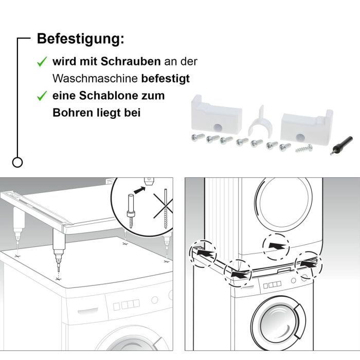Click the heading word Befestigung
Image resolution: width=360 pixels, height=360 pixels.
click(x=80, y=39)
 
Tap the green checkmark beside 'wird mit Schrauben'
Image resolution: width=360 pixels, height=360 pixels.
click(x=42, y=62)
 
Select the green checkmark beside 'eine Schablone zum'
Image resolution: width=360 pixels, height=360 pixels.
click(x=42, y=96)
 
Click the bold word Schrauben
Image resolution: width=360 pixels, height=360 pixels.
click(x=130, y=62)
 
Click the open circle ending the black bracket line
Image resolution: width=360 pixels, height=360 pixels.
click(x=17, y=163)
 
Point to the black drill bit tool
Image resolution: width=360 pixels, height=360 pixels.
click(x=341, y=145)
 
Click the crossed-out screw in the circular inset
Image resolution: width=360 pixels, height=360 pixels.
click(x=166, y=209)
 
